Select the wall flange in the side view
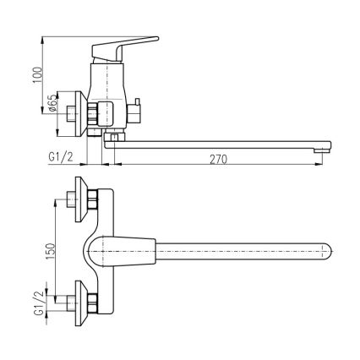tap(82, 110)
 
